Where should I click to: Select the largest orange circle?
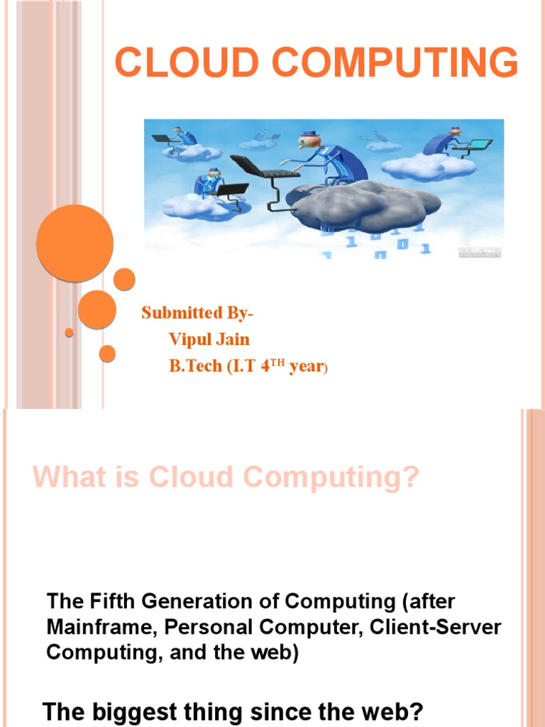pyautogui.click(x=75, y=244)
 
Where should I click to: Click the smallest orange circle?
pyautogui.click(x=69, y=332)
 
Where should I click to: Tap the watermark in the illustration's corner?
pyautogui.click(x=480, y=252)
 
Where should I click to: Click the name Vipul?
pyautogui.click(x=190, y=339)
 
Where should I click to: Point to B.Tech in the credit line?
pyautogui.click(x=195, y=367)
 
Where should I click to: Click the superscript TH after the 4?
pyautogui.click(x=278, y=362)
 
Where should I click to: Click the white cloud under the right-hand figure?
pyautogui.click(x=419, y=166)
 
